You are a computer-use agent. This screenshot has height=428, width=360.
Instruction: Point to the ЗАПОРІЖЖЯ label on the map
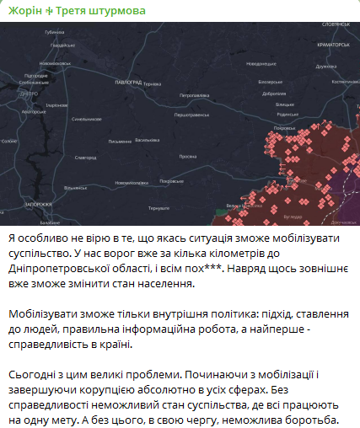[x=39, y=204]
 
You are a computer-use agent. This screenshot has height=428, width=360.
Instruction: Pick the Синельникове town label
[x=87, y=119]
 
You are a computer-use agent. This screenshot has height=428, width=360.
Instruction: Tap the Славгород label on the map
[x=86, y=157]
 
